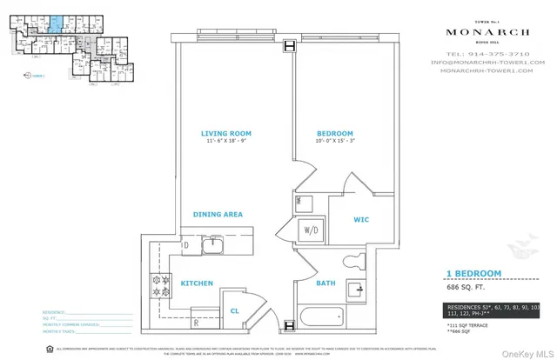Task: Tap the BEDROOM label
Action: [x=335, y=133]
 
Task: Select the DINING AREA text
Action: [x=218, y=214]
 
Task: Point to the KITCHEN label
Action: [x=197, y=283]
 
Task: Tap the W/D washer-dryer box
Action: [x=309, y=230]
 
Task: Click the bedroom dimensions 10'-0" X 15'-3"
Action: [x=335, y=143]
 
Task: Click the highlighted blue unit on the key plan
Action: [x=54, y=22]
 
